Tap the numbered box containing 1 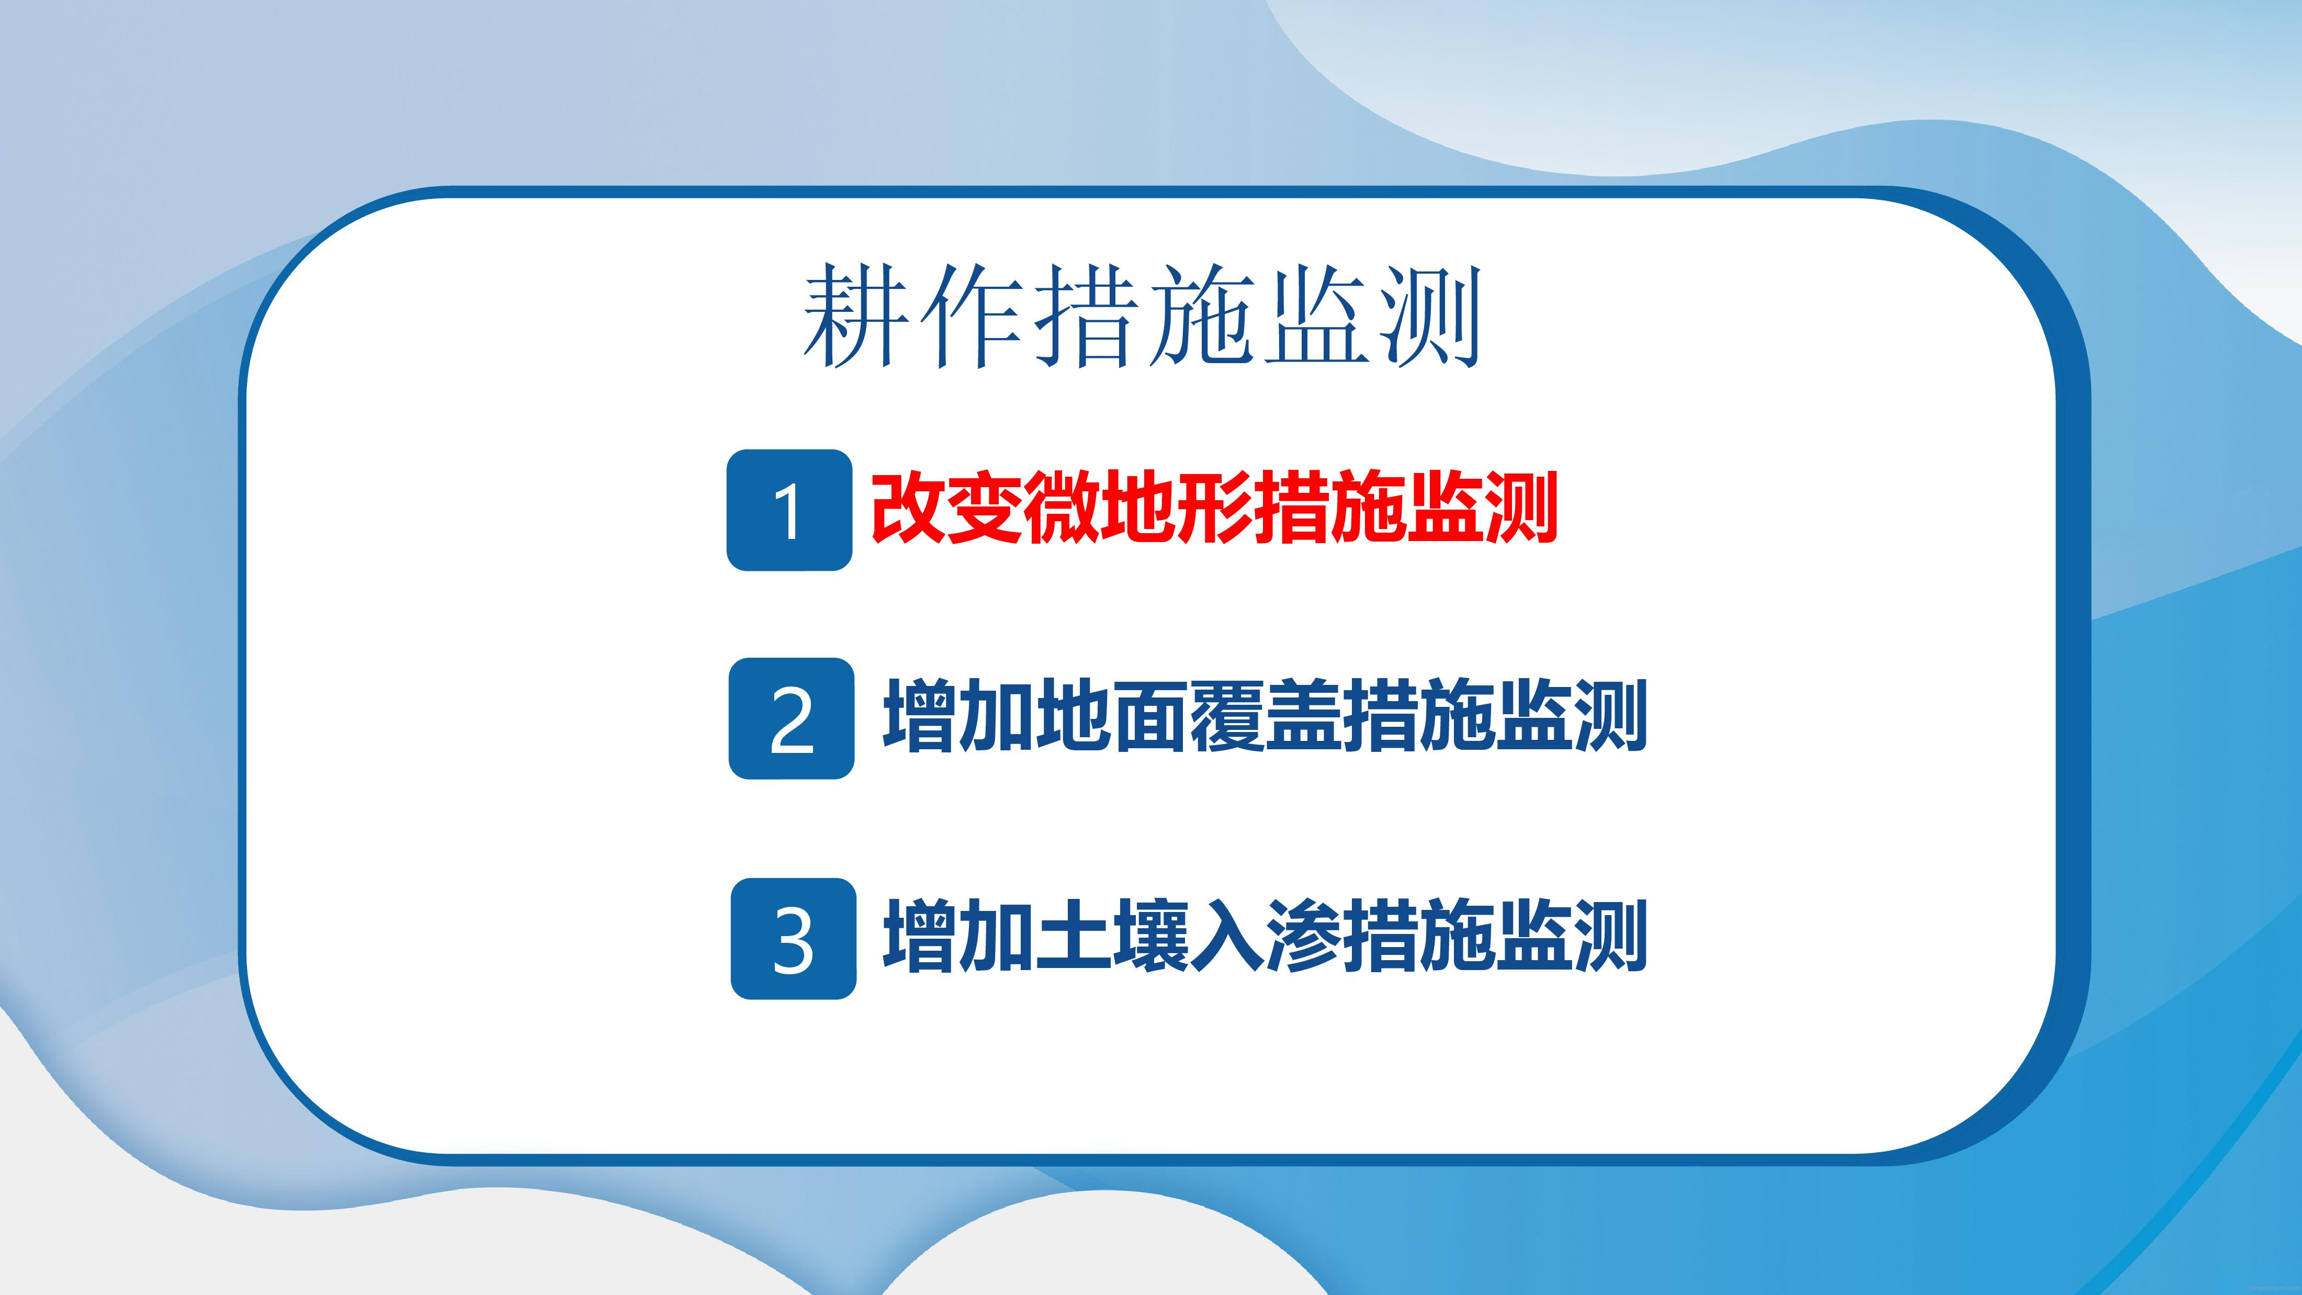(x=789, y=510)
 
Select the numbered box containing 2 (x=792, y=718)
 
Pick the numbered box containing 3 (x=794, y=938)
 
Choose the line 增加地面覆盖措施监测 (x=1265, y=717)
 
